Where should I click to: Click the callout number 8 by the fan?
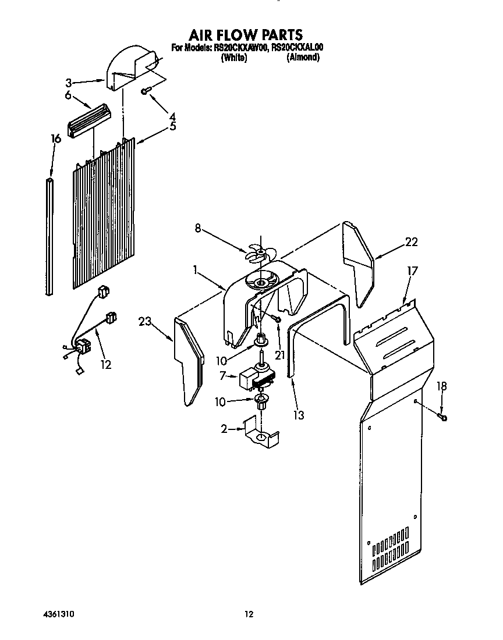(197, 229)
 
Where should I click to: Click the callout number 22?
(411, 243)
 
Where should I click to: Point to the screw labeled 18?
(442, 416)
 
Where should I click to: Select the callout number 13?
(299, 415)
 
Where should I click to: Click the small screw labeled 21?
(278, 319)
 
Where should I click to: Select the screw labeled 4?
(147, 90)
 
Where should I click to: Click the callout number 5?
(172, 126)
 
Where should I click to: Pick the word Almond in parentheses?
(303, 58)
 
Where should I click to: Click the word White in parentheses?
(234, 58)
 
